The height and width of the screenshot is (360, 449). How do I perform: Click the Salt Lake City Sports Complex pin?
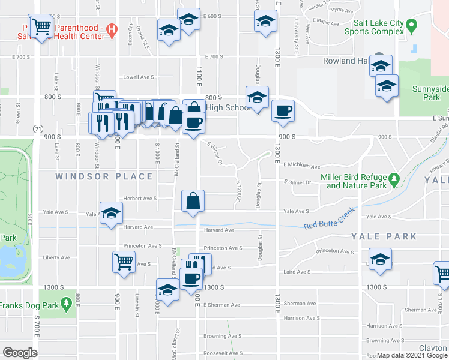[x=411, y=26]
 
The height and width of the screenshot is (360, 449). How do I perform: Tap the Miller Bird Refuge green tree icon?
[x=394, y=179]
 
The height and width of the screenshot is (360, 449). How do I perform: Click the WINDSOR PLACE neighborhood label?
[x=105, y=176]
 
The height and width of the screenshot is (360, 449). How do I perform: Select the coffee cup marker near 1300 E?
[x=283, y=111]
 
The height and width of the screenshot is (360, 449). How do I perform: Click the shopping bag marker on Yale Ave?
[x=194, y=201]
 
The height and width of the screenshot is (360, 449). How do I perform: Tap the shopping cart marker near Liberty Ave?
[x=124, y=261]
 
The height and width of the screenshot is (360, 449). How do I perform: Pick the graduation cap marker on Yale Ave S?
[x=111, y=214]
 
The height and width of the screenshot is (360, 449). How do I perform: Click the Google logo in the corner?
[x=20, y=352]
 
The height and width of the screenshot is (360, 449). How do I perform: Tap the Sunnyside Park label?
[x=430, y=93]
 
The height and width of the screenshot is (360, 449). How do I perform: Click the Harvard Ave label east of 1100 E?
[x=219, y=230]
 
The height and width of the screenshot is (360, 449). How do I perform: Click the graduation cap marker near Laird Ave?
[x=380, y=259]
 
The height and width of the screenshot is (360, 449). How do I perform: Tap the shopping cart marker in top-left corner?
[x=40, y=26]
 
